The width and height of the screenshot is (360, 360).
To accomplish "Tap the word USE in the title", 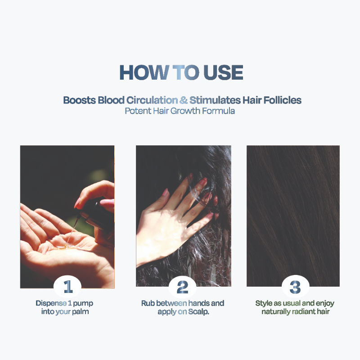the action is tap(223, 72).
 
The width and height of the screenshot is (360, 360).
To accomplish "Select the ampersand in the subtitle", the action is tap(184, 100).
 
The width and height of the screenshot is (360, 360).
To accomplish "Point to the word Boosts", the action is tap(80, 100).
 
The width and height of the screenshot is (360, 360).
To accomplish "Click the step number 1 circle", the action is tap(67, 287).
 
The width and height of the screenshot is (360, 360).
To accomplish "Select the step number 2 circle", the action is tap(183, 287).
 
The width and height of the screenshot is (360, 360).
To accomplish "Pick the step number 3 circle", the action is tap(296, 287).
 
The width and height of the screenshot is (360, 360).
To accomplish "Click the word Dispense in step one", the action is tap(51, 303).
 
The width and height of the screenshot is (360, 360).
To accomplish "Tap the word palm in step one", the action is tap(81, 312).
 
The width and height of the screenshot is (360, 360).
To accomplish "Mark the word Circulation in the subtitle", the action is tap(152, 100).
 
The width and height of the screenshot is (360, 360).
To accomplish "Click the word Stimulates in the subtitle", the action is tap(215, 100).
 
